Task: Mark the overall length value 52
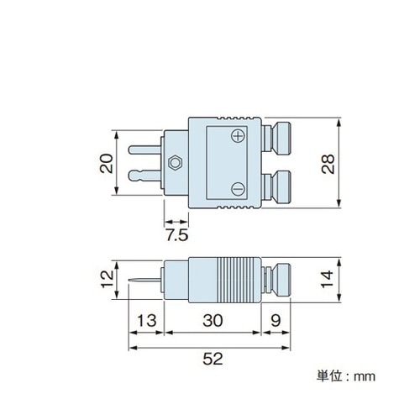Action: click(x=213, y=360)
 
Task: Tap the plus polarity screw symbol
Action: click(x=239, y=136)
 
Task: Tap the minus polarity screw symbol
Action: click(x=239, y=187)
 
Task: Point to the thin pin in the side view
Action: click(x=145, y=280)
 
